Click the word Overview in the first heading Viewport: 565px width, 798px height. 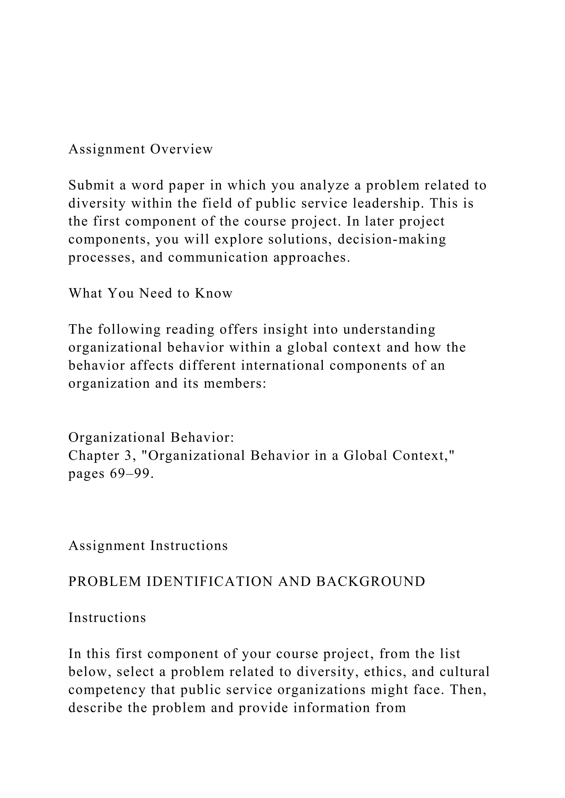coord(181,149)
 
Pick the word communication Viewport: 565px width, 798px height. coord(218,258)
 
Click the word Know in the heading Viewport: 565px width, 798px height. coord(213,294)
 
